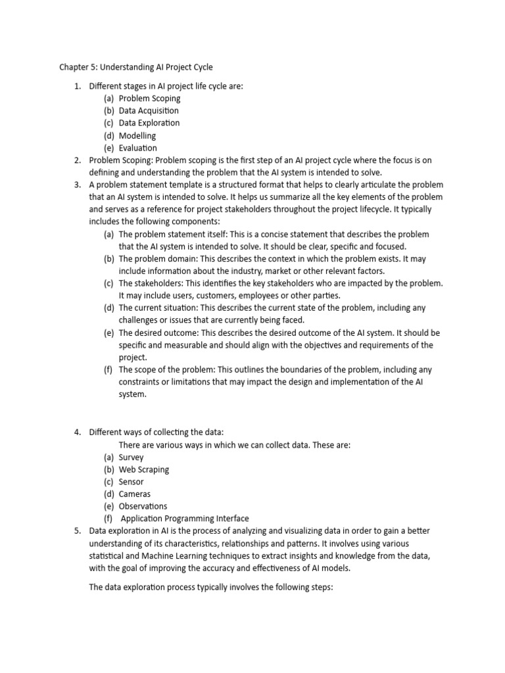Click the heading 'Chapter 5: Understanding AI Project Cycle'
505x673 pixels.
136,67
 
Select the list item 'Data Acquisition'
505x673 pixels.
149,110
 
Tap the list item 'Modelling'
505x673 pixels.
137,135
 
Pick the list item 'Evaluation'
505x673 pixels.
138,148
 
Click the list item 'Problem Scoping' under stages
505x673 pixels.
149,98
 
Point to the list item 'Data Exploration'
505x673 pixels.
149,123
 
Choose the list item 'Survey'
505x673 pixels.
131,457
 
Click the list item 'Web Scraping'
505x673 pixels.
144,469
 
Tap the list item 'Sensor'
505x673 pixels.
132,482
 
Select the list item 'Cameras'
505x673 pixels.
135,494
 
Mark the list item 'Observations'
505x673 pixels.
143,506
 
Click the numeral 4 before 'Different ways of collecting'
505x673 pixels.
77,432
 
